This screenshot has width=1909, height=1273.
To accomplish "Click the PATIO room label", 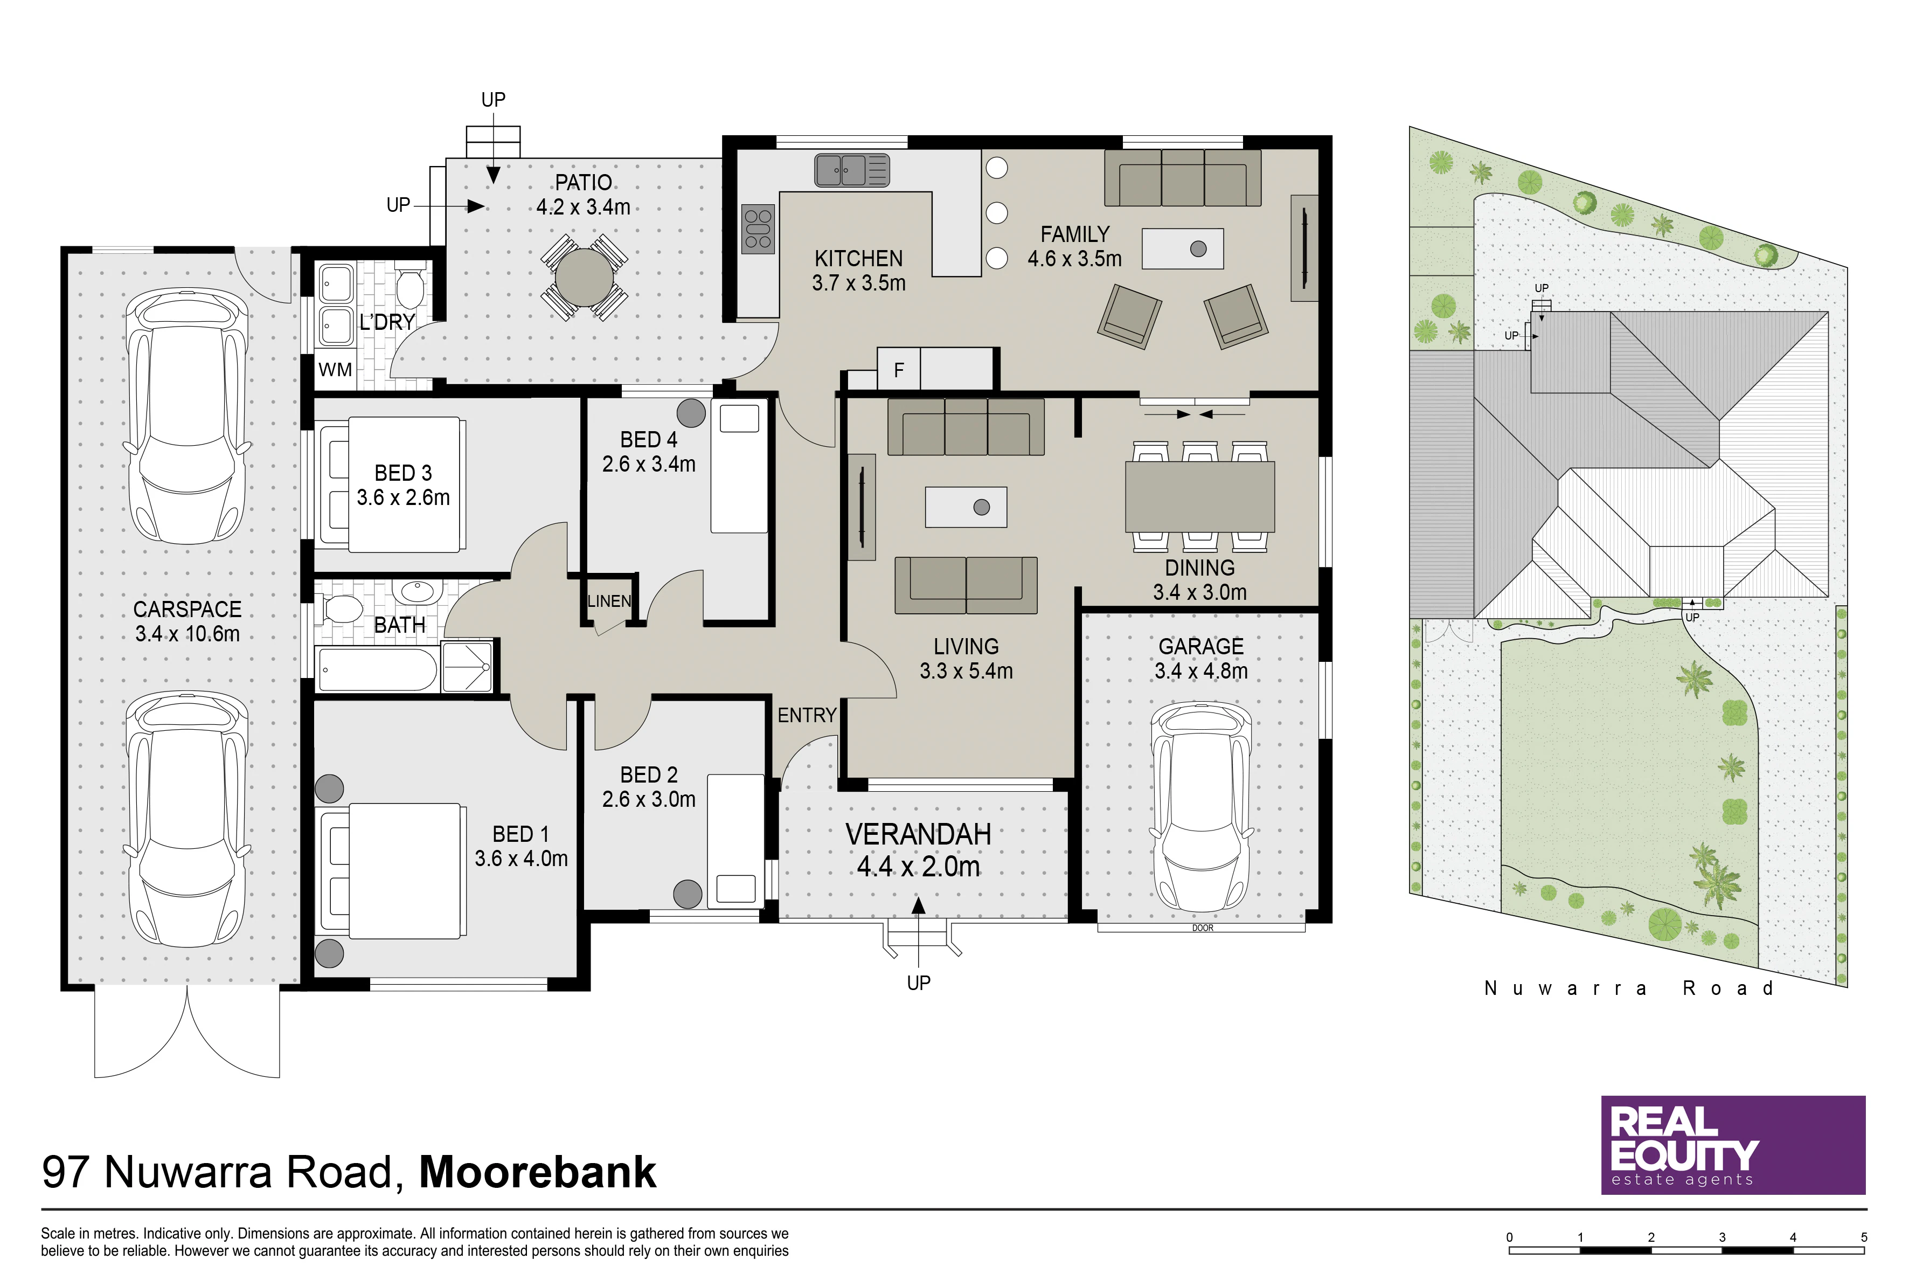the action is coord(584,183).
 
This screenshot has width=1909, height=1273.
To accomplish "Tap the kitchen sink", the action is coord(852,170).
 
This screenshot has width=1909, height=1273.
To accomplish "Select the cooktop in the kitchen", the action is coord(758,229).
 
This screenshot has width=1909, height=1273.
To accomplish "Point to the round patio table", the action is coord(585,277).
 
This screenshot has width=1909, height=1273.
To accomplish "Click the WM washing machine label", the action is coord(335,370).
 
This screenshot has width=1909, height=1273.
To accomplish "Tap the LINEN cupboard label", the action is coord(609,601).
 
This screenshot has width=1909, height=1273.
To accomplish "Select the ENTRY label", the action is coord(807,715).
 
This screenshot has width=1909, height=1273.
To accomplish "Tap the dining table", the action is coord(1199,496).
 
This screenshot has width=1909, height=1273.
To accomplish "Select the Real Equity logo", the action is coord(1733,1145).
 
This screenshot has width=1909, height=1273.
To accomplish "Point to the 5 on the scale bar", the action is coord(1864,1237).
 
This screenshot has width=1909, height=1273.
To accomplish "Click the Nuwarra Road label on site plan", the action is coord(1628,988).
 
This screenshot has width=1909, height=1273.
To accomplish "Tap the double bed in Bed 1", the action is coord(391,871).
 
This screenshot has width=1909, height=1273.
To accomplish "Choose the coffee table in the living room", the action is coord(966,507).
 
